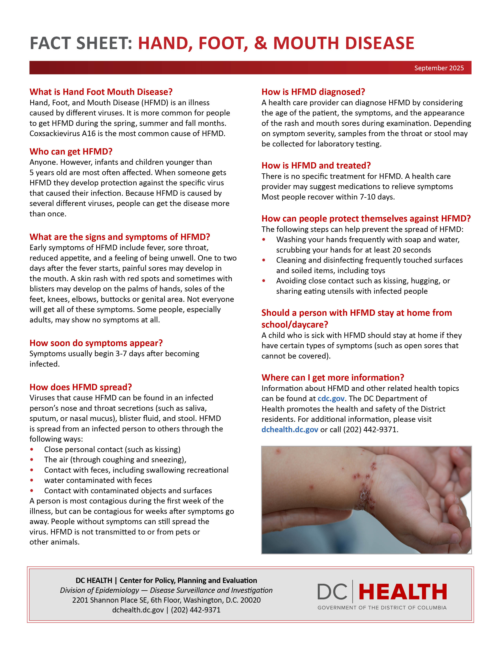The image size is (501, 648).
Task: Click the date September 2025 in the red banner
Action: [x=439, y=68]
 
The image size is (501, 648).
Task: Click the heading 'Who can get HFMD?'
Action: [x=71, y=152]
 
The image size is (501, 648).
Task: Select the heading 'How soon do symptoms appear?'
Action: [x=96, y=343]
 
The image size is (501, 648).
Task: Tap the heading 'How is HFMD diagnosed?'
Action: [x=313, y=92]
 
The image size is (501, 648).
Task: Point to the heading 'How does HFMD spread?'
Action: [x=80, y=387]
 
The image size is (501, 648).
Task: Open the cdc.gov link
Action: [x=331, y=398]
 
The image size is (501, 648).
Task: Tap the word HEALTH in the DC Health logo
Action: [x=403, y=592]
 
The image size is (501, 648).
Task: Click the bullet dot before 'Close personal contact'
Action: [x=32, y=449]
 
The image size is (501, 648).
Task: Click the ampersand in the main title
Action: [x=260, y=43]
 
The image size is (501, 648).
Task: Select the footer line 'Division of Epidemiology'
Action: [x=99, y=590]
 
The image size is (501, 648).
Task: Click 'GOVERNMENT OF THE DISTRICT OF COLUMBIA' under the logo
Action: [x=382, y=608]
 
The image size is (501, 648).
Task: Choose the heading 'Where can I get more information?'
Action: [x=333, y=378]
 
